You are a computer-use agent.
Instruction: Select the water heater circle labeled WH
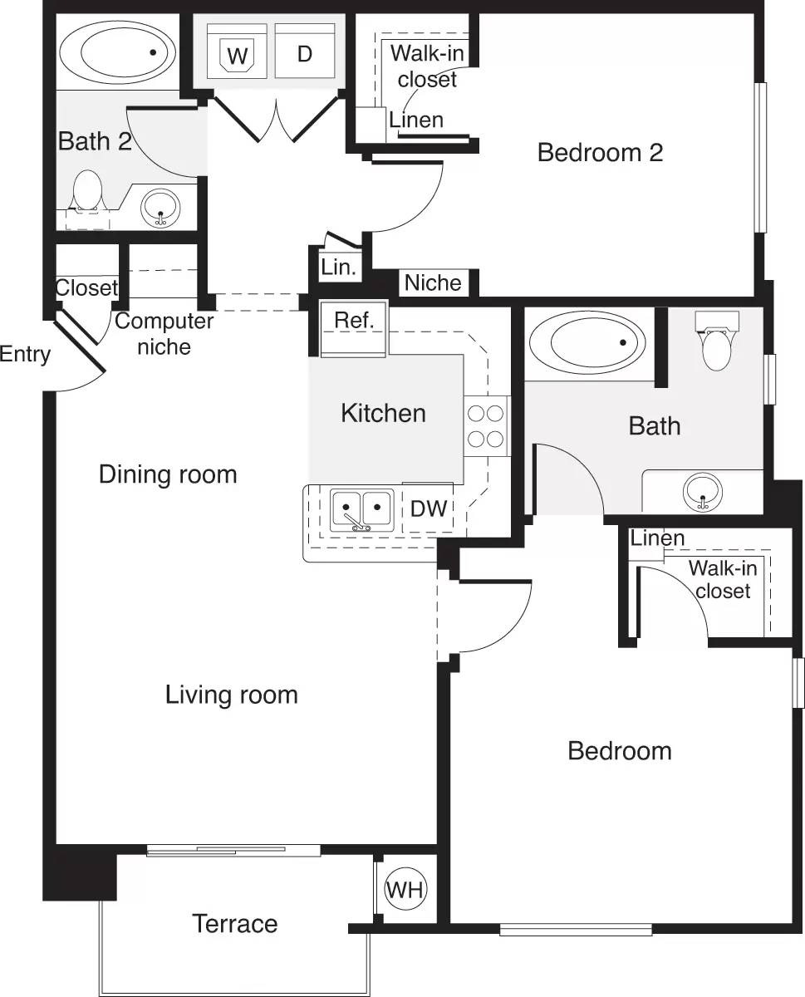405,890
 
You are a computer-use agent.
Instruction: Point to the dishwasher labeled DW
428,508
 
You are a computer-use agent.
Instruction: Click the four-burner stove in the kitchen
486,425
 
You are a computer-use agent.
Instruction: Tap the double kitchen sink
361,510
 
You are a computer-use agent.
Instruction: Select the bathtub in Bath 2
117,52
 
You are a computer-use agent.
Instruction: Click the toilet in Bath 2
87,193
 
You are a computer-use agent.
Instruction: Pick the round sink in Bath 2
160,207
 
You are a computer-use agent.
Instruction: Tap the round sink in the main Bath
703,492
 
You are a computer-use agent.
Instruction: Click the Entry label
25,354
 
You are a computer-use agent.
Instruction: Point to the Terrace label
235,923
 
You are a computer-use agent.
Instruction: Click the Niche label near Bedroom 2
433,282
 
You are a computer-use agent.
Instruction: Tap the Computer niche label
164,333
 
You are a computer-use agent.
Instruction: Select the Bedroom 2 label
600,153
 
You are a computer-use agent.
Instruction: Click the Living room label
231,694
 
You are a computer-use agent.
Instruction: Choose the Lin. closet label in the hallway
338,268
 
